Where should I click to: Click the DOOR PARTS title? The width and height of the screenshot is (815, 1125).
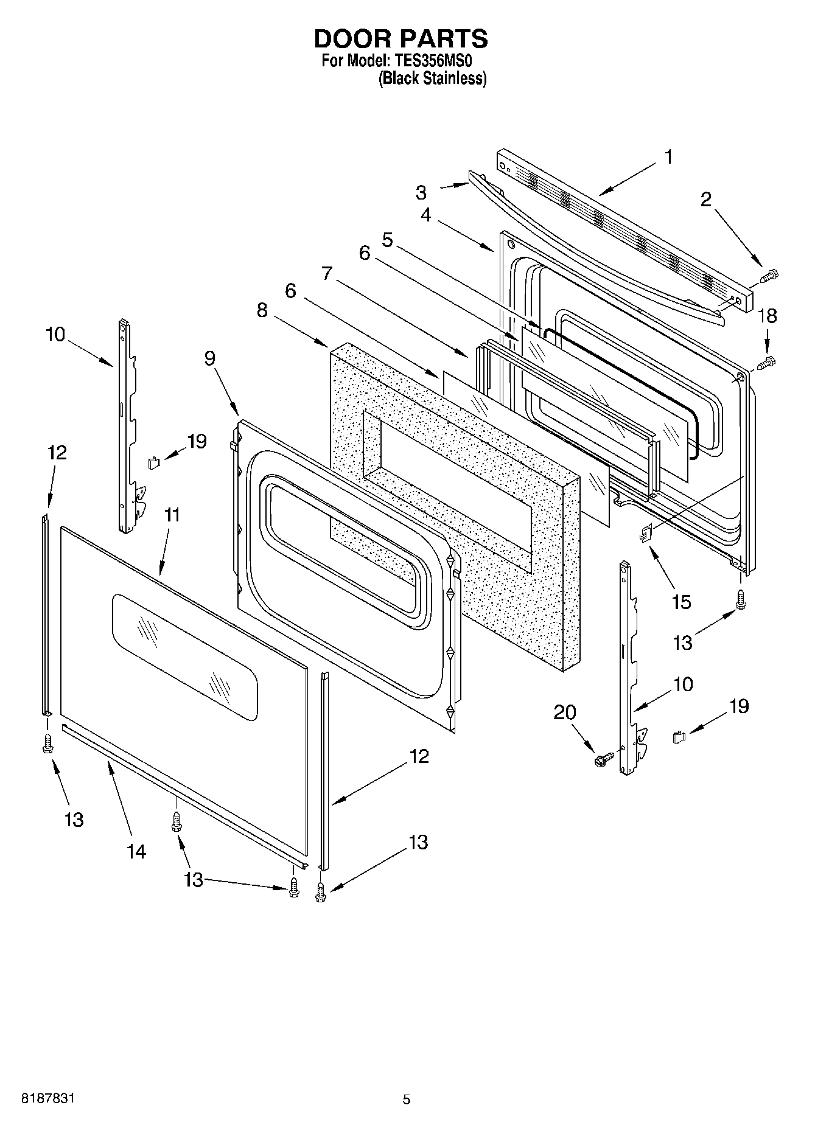pyautogui.click(x=401, y=38)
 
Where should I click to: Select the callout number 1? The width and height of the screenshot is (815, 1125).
pyautogui.click(x=668, y=157)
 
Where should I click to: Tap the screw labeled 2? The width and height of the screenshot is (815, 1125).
pyautogui.click(x=769, y=277)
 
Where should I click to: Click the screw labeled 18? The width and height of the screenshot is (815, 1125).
pyautogui.click(x=768, y=363)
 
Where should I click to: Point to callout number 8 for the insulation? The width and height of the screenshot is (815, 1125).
pyautogui.click(x=262, y=310)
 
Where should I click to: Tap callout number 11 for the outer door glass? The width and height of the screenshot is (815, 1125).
pyautogui.click(x=172, y=515)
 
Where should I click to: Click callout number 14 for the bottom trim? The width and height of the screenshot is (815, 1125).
pyautogui.click(x=136, y=851)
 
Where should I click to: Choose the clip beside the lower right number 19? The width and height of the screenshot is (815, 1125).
pyautogui.click(x=679, y=737)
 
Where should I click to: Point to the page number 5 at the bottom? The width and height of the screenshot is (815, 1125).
pyautogui.click(x=407, y=1099)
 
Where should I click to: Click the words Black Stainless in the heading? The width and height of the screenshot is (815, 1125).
pyautogui.click(x=433, y=78)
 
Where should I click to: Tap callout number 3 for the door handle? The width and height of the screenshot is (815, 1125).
pyautogui.click(x=421, y=193)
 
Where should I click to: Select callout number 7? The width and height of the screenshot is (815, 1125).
pyautogui.click(x=327, y=274)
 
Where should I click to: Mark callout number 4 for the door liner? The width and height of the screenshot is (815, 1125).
pyautogui.click(x=425, y=215)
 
